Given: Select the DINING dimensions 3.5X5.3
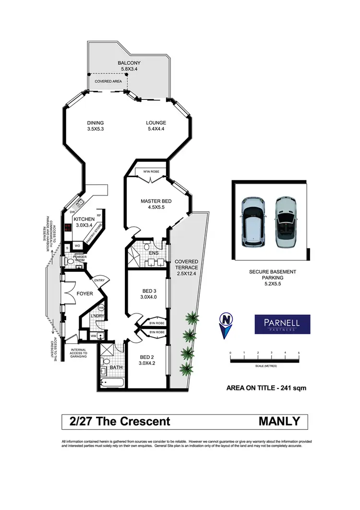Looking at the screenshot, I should [x=96, y=129].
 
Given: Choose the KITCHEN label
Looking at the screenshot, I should [x=84, y=219].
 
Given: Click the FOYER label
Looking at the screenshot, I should [x=84, y=293].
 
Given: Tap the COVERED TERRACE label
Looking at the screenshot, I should [x=187, y=265].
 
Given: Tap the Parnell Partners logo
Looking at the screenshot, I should [x=282, y=324].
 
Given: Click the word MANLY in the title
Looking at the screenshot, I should [x=279, y=421].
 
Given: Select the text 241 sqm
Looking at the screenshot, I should [x=294, y=388].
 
